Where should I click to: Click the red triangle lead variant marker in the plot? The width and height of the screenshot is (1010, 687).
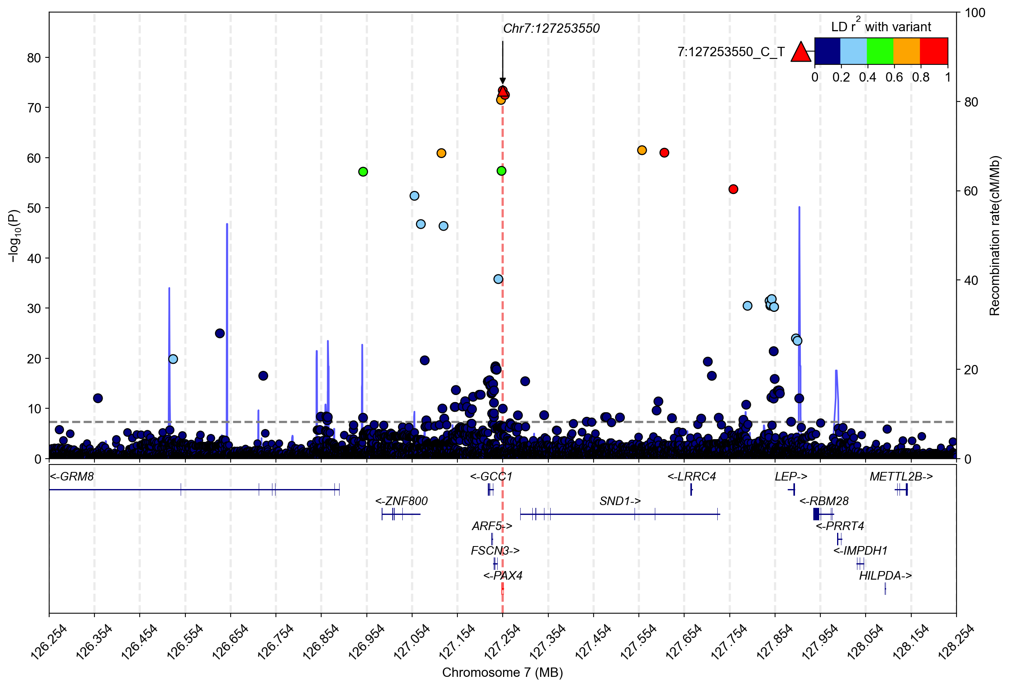503,92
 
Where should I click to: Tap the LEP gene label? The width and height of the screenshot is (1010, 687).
791,477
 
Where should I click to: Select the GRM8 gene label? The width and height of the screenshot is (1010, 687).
72,477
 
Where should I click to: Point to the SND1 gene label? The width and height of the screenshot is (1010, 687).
620,501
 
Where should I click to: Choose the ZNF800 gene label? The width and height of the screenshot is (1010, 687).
401,501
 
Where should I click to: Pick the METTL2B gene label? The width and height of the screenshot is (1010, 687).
901,477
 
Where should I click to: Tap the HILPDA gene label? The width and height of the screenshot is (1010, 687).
885,576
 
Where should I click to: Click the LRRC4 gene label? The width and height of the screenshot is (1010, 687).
692,477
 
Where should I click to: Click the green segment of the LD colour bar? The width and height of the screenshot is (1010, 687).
880,51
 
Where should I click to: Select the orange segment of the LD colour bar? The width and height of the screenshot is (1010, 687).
907,51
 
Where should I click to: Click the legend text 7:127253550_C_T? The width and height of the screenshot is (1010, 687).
731,52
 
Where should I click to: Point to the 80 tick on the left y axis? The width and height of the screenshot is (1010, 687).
34,58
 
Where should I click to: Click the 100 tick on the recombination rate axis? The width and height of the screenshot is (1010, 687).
975,12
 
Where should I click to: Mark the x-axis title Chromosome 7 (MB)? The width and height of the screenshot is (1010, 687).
502,673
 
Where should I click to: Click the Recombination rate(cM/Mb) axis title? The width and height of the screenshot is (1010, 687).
995,236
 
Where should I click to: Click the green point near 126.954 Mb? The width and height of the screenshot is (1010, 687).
363,172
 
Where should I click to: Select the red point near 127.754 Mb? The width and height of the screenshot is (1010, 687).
733,189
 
